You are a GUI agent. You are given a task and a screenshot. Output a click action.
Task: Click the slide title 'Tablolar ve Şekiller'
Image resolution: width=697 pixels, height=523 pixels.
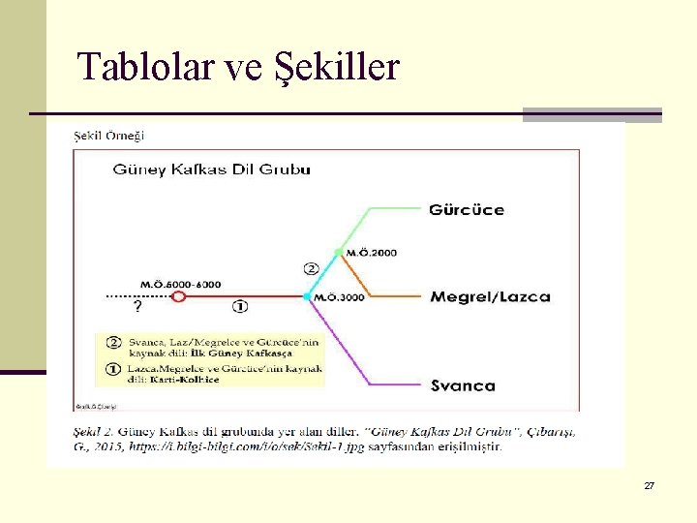238,67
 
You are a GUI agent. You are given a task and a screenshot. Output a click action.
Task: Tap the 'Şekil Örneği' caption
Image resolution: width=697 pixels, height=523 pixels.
109,135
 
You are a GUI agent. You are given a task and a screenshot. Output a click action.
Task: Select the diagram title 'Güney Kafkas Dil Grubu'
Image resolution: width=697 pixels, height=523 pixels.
212,169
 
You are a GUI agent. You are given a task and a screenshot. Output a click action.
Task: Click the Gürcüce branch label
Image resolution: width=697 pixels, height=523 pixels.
467,210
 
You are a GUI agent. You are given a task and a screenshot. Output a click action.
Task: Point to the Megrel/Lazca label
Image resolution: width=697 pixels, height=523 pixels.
490,296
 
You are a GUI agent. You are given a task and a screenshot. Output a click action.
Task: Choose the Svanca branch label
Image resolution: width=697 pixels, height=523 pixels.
463,385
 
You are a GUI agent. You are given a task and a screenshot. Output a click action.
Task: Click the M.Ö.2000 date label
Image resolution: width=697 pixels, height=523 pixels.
372,253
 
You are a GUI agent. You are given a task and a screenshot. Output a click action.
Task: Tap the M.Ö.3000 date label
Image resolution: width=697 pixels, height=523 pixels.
340,297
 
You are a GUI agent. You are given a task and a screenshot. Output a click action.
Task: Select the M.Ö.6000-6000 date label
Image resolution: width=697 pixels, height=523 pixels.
181,284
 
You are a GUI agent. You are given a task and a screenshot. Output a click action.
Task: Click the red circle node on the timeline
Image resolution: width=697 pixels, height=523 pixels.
178,296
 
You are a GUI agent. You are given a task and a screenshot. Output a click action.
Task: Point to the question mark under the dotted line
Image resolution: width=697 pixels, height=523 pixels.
136,307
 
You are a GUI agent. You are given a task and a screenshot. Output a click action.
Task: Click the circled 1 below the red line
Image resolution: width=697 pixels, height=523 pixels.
240,307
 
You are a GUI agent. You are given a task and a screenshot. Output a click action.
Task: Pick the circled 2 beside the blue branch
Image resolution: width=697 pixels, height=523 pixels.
311,267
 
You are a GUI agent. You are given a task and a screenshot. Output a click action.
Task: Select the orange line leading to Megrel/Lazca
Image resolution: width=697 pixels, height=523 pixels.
387,296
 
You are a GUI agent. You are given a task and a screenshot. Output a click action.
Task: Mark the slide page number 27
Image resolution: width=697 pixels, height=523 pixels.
649,485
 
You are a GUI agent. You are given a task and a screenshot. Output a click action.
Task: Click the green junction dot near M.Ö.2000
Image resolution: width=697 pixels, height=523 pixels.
338,253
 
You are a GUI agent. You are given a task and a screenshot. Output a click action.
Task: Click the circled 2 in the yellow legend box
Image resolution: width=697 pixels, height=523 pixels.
113,342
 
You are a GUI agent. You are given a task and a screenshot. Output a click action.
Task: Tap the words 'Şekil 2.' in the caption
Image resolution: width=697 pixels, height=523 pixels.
95,431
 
